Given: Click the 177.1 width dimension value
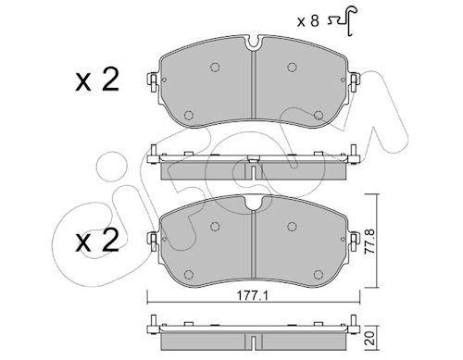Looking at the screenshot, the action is pyautogui.click(x=253, y=296).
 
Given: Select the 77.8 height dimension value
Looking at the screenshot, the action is pyautogui.click(x=369, y=242).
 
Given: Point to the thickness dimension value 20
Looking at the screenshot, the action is pyautogui.click(x=371, y=338).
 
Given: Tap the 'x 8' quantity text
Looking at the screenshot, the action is pyautogui.click(x=307, y=21).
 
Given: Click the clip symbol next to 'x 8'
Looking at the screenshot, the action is pyautogui.click(x=342, y=20).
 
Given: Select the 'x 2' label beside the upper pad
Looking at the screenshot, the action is pyautogui.click(x=97, y=80).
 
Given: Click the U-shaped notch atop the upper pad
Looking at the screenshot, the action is pyautogui.click(x=253, y=43).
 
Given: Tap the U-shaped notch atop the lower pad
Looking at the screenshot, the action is pyautogui.click(x=253, y=204).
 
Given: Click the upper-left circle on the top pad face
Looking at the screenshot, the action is pyautogui.click(x=215, y=67).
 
